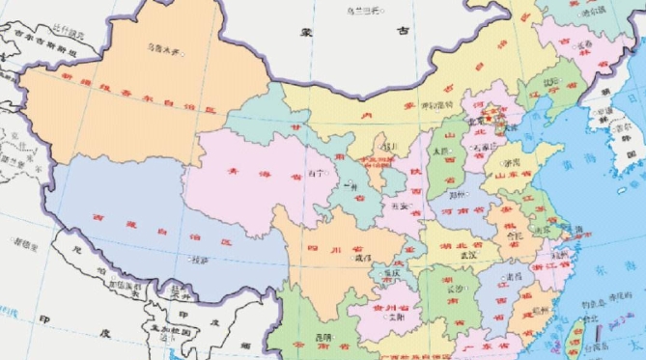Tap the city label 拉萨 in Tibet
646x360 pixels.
pyautogui.click(x=198, y=260)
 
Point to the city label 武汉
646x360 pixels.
pyautogui.click(x=468, y=256)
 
